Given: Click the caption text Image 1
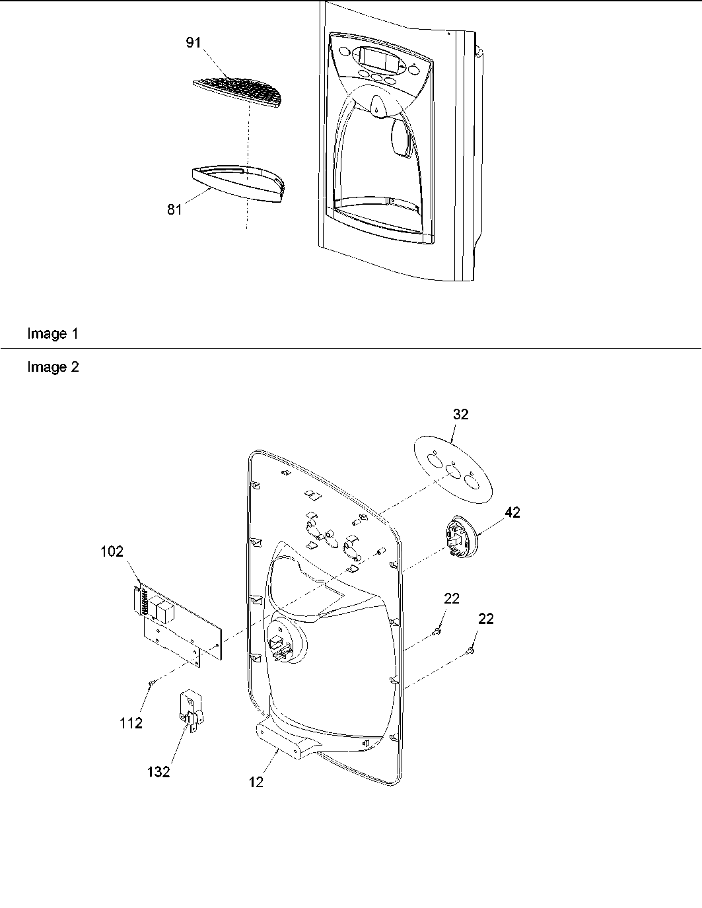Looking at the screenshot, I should point(52,334).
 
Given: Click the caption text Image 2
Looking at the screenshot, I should point(53,367).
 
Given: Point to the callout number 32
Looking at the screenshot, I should point(461,414).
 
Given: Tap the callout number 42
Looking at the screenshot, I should point(512,512).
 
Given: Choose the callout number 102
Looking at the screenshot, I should point(111,551).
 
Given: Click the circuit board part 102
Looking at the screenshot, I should point(175,624).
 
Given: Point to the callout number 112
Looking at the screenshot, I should point(131,723).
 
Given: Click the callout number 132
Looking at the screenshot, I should point(158,771).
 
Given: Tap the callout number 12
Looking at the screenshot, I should point(256,782).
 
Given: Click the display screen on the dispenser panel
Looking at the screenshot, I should point(377,60).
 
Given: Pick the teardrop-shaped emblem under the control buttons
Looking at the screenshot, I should point(376,106).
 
